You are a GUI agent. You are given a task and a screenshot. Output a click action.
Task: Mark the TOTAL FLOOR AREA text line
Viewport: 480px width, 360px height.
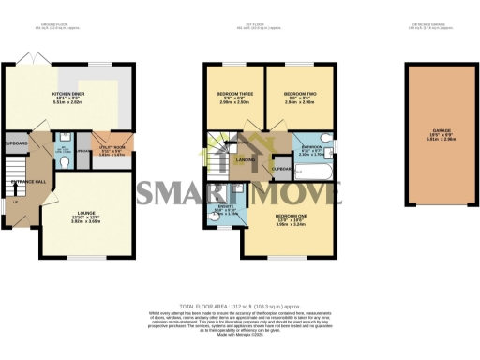(239, 306)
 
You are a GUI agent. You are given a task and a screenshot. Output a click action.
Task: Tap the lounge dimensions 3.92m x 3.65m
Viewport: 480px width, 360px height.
(86, 226)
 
